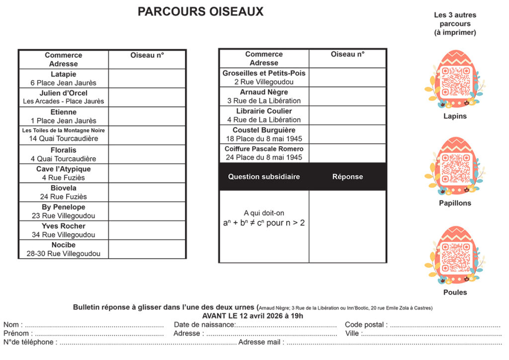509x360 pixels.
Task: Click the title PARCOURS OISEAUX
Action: pos(200,12)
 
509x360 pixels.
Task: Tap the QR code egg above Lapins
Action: pos(455,80)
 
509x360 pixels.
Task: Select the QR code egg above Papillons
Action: pos(455,167)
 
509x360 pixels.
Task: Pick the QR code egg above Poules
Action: pos(455,256)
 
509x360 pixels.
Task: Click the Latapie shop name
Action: pos(64,74)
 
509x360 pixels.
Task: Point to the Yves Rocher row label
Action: pos(64,226)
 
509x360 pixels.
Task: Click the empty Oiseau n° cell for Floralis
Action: pos(147,154)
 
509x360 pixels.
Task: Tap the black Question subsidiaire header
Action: pos(264,177)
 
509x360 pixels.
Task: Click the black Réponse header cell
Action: pos(347,177)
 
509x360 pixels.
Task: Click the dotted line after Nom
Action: pos(94,325)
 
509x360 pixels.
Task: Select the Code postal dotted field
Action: pos(445,325)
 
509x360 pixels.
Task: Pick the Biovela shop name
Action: pos(64,188)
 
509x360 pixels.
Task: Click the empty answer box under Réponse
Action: pos(347,226)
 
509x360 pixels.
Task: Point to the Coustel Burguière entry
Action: pos(264,130)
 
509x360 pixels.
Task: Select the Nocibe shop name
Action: pos(64,245)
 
